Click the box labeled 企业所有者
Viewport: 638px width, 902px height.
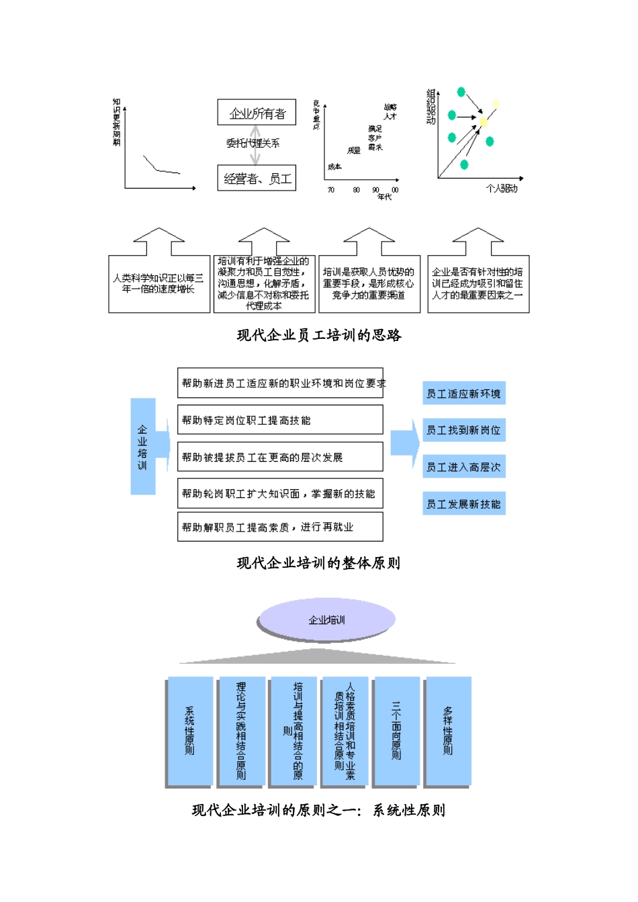(x=257, y=113)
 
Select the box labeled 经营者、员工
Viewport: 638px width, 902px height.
(x=257, y=179)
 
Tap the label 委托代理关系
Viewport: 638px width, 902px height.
(x=253, y=143)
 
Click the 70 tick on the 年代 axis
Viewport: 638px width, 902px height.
(x=331, y=190)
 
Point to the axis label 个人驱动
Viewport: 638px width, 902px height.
(x=502, y=189)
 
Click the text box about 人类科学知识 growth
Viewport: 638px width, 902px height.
(x=159, y=284)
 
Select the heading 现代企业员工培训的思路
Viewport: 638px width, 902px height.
(x=319, y=335)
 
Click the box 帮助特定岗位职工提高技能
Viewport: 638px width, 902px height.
(x=280, y=420)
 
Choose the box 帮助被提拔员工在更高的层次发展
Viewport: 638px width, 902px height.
(x=280, y=457)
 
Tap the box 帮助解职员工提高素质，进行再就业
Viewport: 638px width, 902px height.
(x=280, y=528)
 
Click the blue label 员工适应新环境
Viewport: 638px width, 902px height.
(x=463, y=394)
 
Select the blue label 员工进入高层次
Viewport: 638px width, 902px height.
(x=463, y=467)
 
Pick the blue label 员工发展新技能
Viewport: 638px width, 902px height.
(x=463, y=504)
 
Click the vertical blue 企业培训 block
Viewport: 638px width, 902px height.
(x=142, y=447)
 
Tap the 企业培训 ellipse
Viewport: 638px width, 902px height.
(x=326, y=619)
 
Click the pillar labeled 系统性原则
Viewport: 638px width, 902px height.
(x=189, y=731)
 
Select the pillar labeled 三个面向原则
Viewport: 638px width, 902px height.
(x=396, y=731)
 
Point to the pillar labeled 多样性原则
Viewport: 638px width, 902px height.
(x=448, y=731)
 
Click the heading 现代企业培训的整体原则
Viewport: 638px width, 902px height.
(x=319, y=563)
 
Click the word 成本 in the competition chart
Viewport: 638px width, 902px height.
(x=334, y=166)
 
